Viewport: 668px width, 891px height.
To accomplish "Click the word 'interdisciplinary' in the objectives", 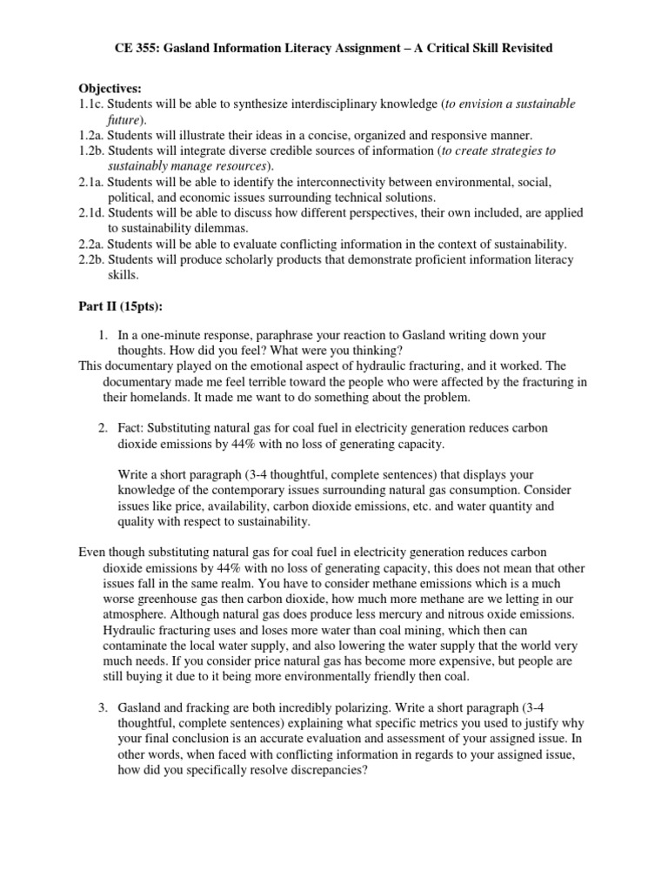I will [x=344, y=104].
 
